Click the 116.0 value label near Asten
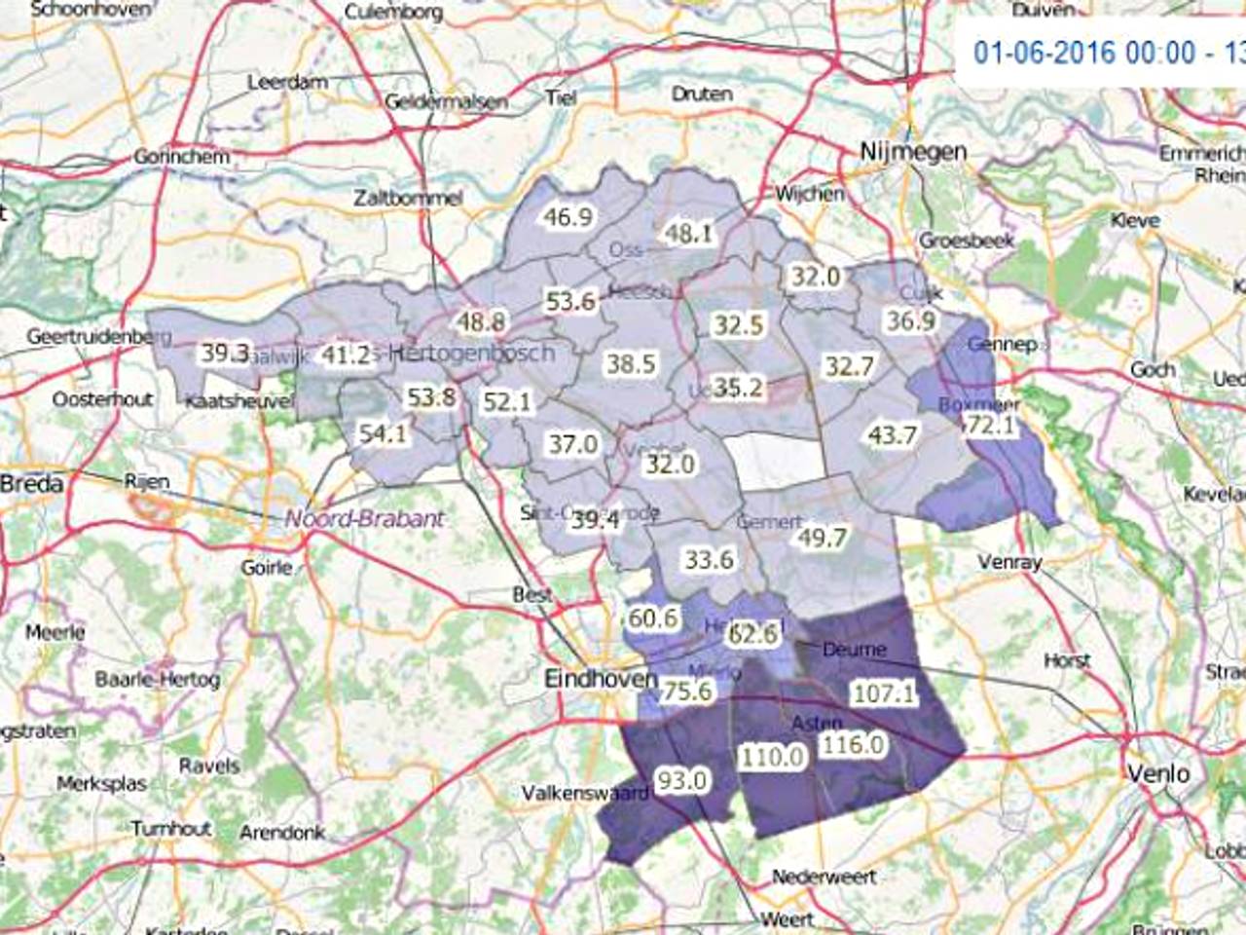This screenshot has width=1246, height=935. (x=853, y=745)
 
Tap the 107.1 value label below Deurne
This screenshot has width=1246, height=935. (x=883, y=693)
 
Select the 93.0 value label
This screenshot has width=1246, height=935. (x=681, y=780)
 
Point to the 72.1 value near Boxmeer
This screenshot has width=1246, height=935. (x=987, y=426)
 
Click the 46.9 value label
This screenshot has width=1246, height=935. (x=568, y=216)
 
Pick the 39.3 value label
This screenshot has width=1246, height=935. (x=225, y=353)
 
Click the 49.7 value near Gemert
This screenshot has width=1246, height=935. (x=822, y=538)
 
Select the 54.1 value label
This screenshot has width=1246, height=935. (x=383, y=434)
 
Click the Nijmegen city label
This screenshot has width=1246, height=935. (x=913, y=151)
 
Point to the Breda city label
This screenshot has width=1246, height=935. (x=31, y=484)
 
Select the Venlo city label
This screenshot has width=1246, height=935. (x=1158, y=773)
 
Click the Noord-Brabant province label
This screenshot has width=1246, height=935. (x=364, y=519)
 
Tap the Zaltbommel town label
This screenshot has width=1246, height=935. (x=407, y=198)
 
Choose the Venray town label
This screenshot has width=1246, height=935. (x=1009, y=562)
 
